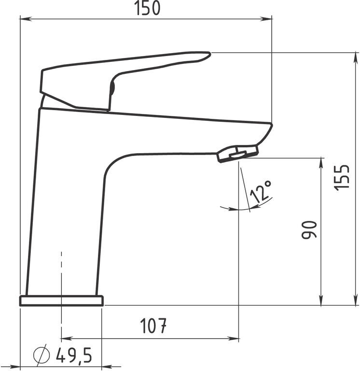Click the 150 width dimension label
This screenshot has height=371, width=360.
point(147,8)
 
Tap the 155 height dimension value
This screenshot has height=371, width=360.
point(342,176)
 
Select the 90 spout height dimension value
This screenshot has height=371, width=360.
point(309,229)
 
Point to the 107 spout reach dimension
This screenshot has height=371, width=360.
point(153,326)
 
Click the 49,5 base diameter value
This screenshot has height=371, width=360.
point(74,355)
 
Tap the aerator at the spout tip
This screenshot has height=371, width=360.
point(238,154)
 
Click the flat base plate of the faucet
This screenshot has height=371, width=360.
point(61,301)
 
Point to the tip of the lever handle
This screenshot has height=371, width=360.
point(209,54)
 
